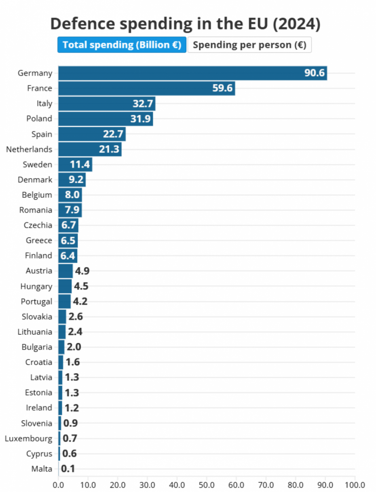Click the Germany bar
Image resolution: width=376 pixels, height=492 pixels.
pyautogui.click(x=192, y=73)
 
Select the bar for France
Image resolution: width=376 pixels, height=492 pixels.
pyautogui.click(x=146, y=88)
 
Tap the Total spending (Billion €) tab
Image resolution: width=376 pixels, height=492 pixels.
pyautogui.click(x=122, y=45)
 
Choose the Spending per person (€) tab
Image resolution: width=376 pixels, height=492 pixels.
pyautogui.click(x=249, y=45)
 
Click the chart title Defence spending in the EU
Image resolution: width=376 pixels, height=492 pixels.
pyautogui.click(x=185, y=24)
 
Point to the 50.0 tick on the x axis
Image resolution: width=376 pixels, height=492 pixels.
pyautogui.click(x=207, y=484)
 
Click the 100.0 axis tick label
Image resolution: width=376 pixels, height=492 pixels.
pyautogui.click(x=355, y=484)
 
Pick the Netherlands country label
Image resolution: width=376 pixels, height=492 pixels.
pyautogui.click(x=29, y=149)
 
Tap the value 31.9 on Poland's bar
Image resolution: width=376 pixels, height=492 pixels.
pyautogui.click(x=142, y=119)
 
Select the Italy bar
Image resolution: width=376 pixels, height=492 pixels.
pyautogui.click(x=107, y=104)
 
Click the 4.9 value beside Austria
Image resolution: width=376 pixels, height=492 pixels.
pyautogui.click(x=81, y=271)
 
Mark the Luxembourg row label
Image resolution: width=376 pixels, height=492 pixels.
pyautogui.click(x=28, y=439)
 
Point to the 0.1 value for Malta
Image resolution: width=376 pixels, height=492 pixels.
pyautogui.click(x=68, y=469)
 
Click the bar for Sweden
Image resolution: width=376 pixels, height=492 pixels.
pyautogui.click(x=75, y=165)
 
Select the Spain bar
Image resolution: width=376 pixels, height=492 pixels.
pyautogui.click(x=92, y=134)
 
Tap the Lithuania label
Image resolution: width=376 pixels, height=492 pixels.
pyautogui.click(x=35, y=332)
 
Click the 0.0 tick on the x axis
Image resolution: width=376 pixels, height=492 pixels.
pyautogui.click(x=59, y=484)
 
